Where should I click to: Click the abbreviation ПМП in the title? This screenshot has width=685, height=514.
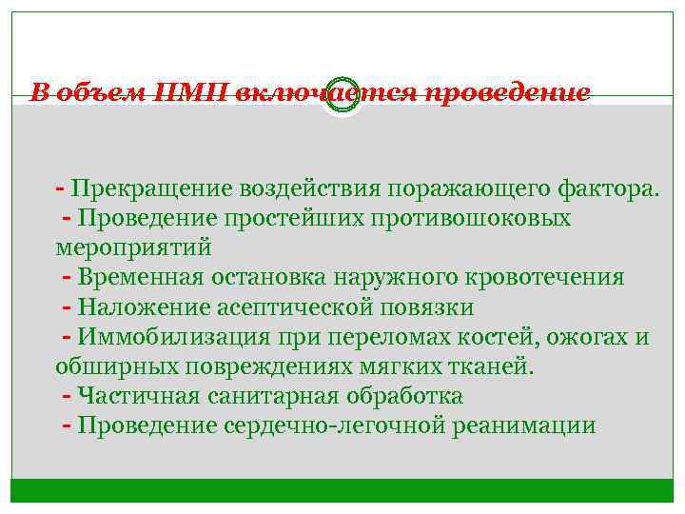pyautogui.click(x=193, y=93)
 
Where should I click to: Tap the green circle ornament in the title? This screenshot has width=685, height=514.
pyautogui.click(x=342, y=94)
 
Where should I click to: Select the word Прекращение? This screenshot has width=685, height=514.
pyautogui.click(x=139, y=188)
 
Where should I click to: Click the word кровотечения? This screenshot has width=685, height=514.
pyautogui.click(x=543, y=277)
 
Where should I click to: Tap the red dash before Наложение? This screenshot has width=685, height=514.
pyautogui.click(x=67, y=307)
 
